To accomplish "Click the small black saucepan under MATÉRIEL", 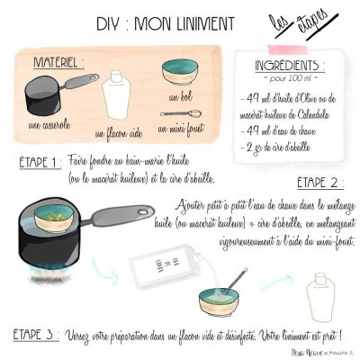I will [49, 93].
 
